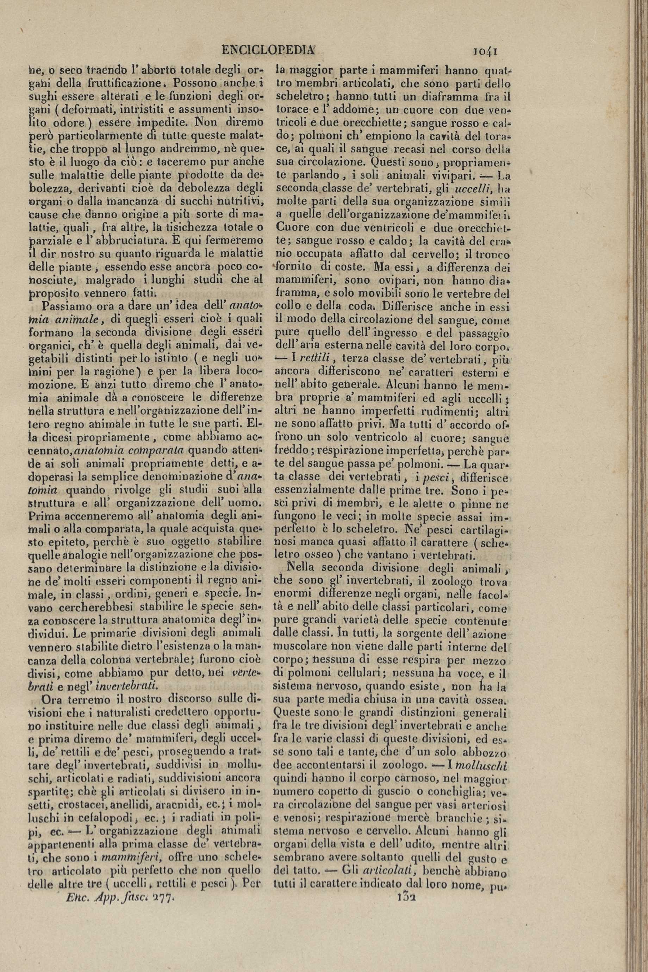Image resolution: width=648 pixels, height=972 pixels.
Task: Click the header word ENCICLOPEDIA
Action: pyautogui.click(x=268, y=50)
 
